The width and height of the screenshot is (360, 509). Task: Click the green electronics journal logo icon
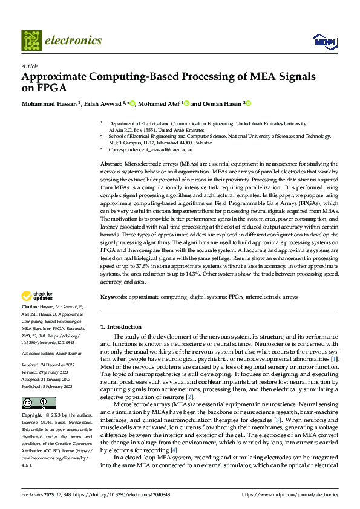(32, 41)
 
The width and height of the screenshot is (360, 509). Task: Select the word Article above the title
(30, 66)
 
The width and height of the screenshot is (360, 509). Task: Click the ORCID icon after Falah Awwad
(132, 103)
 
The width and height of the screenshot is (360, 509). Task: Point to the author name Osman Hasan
(223, 103)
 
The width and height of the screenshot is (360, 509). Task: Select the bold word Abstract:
(111, 164)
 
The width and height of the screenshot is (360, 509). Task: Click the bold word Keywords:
(114, 297)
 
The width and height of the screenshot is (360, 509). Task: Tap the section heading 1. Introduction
(122, 326)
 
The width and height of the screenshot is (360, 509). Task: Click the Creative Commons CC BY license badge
(38, 403)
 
